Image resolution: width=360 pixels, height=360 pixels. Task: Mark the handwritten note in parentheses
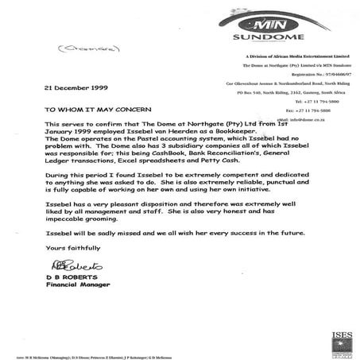pyautogui.click(x=56, y=50)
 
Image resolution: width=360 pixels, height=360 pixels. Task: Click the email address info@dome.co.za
pyautogui.click(x=314, y=118)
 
